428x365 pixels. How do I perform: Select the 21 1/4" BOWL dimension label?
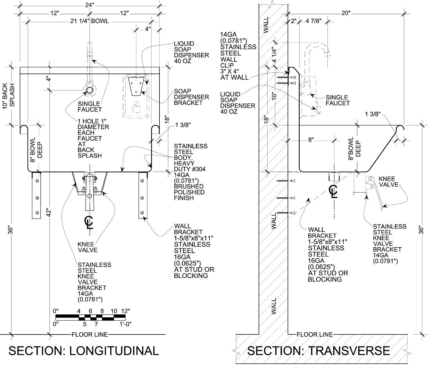90,21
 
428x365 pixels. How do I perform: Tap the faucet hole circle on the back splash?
89,90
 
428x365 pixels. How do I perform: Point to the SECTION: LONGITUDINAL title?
84,351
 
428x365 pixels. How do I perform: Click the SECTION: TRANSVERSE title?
318,351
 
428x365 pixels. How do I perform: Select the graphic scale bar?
90,318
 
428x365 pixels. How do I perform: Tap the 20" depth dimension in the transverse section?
346,13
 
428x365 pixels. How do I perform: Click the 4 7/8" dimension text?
313,21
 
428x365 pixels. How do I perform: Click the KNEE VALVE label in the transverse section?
388,182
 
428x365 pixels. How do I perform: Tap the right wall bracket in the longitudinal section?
143,195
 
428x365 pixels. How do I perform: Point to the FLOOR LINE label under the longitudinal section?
90,334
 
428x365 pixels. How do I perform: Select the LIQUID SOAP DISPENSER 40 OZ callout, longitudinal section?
191,52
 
